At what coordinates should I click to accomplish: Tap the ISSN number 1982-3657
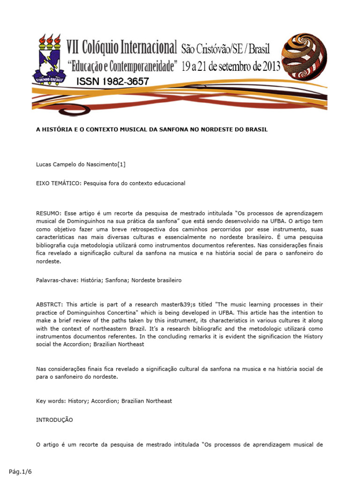point(112,81)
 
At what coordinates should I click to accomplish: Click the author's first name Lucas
point(45,164)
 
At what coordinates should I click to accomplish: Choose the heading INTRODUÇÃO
point(54,420)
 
